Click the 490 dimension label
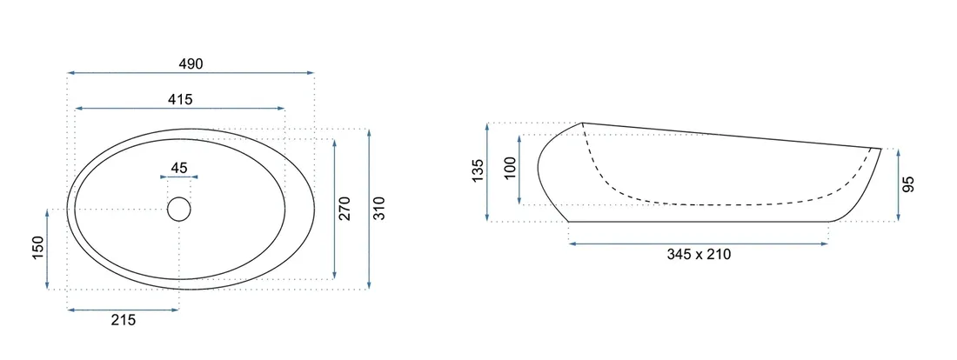coord(191,63)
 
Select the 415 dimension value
coord(180,99)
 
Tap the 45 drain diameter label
coord(179,168)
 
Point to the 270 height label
coord(345,208)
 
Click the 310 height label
coord(379,208)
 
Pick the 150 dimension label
coord(37,248)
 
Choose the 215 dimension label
coord(124,320)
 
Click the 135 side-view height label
coord(478,170)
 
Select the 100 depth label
coord(510,167)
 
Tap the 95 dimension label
coord(909,183)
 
